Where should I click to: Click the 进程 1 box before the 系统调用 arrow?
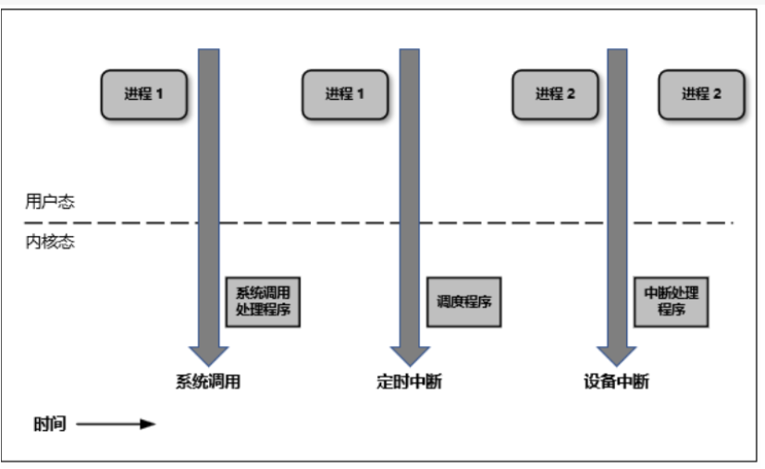point(143,93)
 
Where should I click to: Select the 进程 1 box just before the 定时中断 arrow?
point(344,93)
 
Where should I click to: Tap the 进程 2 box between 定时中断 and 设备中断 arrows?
point(555,93)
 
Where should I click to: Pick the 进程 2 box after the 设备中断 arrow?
point(701,93)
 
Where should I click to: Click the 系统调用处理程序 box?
point(264,301)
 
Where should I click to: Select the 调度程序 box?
point(463,301)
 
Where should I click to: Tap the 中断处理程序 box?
point(671,301)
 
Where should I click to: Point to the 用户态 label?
point(50,203)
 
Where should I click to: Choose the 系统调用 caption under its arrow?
point(208,381)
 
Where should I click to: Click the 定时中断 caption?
point(409,381)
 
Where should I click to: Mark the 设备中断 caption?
point(616,381)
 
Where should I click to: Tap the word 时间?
point(50,425)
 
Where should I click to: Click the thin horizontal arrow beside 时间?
point(115,425)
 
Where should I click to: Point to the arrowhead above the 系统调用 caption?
point(209,355)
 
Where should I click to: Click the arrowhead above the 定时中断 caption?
point(409,355)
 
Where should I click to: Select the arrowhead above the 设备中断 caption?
point(616,355)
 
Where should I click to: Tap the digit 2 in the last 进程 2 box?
point(717,93)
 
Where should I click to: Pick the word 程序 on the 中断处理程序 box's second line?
point(671,310)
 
